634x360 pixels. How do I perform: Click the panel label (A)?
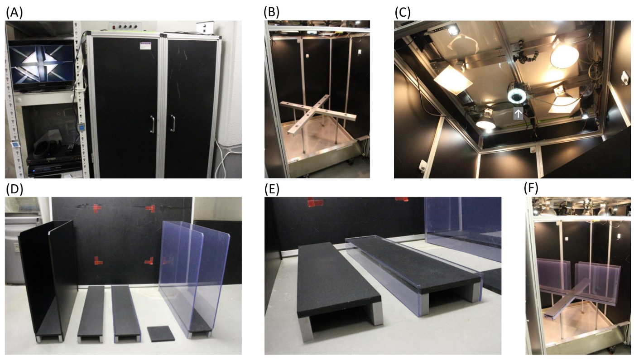(x=14, y=13)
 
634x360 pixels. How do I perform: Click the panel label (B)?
(x=271, y=13)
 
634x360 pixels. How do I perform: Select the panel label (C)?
(x=403, y=13)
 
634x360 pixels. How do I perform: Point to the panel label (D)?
(x=14, y=189)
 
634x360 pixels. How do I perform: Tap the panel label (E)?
(x=272, y=189)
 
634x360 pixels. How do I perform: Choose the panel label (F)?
(x=531, y=189)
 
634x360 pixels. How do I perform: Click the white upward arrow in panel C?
(x=518, y=114)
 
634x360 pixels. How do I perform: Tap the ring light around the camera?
(x=517, y=96)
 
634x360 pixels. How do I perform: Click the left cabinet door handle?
(x=152, y=124)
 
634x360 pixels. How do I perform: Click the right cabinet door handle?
(x=173, y=123)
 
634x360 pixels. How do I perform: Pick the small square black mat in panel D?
(x=161, y=333)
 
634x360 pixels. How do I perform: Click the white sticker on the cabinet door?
(x=145, y=46)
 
